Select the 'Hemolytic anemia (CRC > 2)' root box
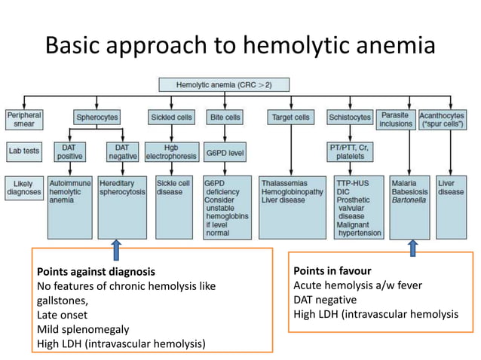coord(225,87)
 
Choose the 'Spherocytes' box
coord(97,117)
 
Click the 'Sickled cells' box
coord(173,117)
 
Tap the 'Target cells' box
coord(290,117)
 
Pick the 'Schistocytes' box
coord(350,117)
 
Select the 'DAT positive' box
coord(69,151)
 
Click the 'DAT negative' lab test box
coord(122,151)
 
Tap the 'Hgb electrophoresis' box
coord(173,151)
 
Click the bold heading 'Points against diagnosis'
coord(96,271)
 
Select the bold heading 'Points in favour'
coord(332,270)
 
